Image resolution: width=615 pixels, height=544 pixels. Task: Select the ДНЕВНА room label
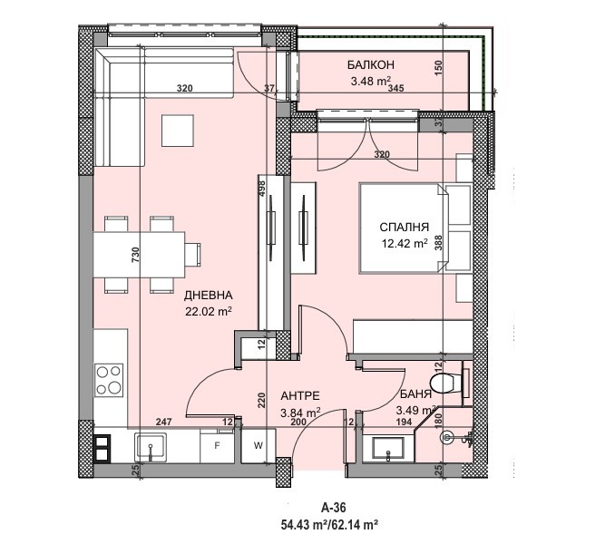209,296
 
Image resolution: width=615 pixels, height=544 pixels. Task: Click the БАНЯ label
415,395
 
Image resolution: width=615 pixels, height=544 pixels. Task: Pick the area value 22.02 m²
210,311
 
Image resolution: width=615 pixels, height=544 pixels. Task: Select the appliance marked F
217,446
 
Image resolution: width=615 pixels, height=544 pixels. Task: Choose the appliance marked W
258,446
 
